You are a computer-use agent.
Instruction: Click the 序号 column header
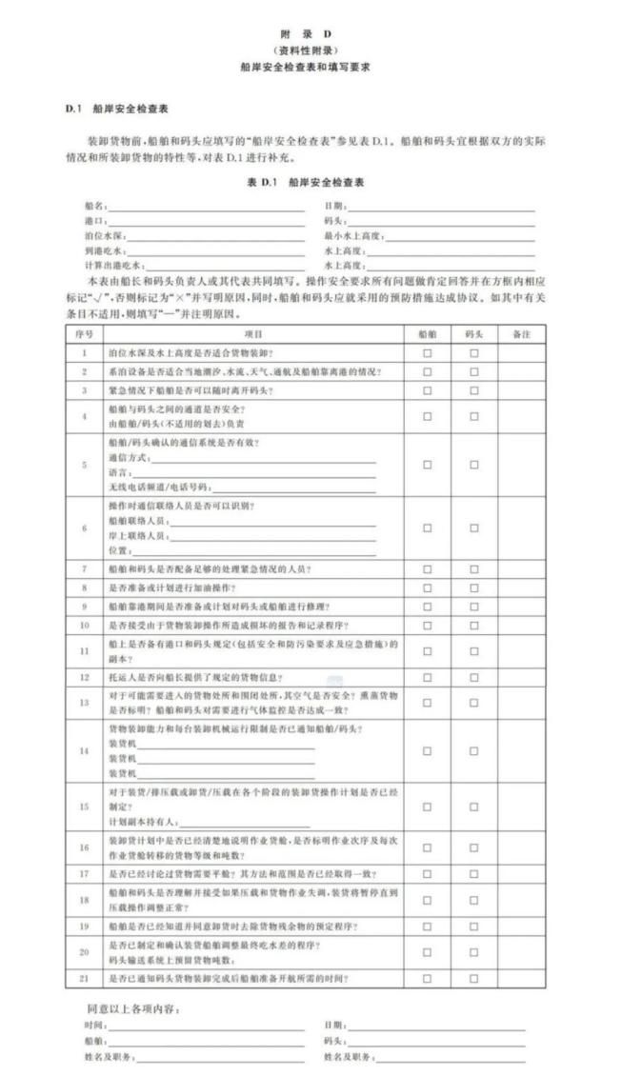84,334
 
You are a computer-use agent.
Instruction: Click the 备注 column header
521,334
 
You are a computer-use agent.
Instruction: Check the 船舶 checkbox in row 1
427,353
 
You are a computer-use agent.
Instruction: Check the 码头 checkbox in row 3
473,390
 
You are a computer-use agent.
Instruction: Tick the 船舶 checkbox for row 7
427,568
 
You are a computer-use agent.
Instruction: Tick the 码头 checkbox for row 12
473,677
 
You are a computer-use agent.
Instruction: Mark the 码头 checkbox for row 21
473,978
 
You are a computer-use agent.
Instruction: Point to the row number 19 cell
84,925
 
